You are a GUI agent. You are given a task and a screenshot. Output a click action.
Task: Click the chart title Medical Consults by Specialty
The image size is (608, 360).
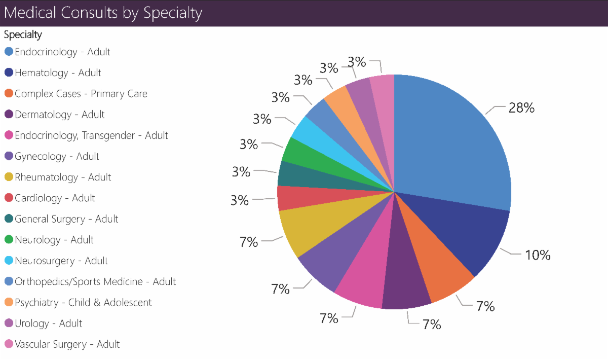click(x=103, y=13)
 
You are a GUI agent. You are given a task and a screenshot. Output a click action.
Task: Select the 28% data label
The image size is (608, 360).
click(x=522, y=108)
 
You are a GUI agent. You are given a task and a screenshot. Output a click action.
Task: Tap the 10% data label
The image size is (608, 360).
click(x=538, y=255)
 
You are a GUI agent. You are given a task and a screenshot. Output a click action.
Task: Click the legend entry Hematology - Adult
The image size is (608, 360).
click(x=58, y=73)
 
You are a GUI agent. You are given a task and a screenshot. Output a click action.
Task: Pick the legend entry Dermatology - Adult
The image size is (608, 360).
click(x=59, y=115)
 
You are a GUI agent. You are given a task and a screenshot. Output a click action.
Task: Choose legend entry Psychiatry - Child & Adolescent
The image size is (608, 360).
click(x=83, y=303)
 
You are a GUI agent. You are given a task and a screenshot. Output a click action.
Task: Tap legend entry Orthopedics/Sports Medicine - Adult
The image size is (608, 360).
click(x=95, y=281)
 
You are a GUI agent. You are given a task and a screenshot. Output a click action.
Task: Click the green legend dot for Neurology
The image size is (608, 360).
click(x=9, y=240)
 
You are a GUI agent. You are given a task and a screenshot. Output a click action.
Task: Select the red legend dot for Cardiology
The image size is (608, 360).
click(x=9, y=198)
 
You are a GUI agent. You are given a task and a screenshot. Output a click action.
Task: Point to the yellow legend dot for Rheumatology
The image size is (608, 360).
click(x=9, y=177)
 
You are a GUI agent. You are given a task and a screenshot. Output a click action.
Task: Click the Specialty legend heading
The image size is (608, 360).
click(x=23, y=35)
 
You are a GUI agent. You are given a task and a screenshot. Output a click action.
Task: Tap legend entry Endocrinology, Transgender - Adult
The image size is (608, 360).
click(x=91, y=135)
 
